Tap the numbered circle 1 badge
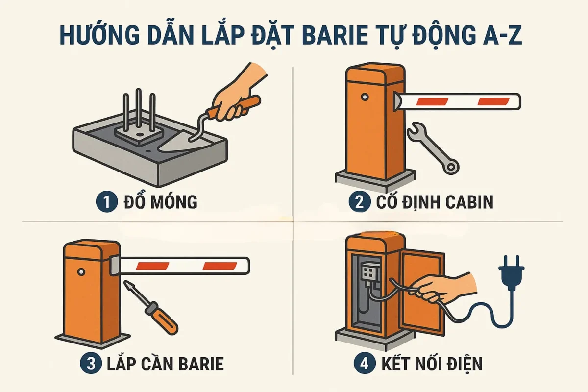pos(106,202)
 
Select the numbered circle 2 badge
pos(359,202)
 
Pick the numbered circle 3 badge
pos(91,364)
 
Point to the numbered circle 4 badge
pos(365,364)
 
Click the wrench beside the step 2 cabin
pos(433,148)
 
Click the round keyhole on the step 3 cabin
pos(81,271)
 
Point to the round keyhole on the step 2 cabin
pos(365,97)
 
